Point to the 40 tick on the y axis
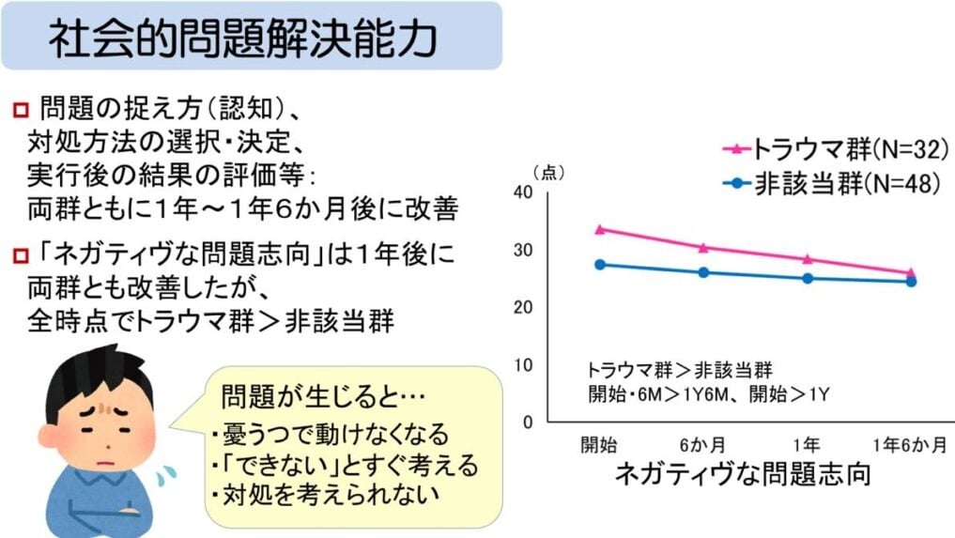click(x=523, y=192)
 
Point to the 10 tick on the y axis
click(x=523, y=365)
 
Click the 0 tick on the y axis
click(x=527, y=422)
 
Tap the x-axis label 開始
click(x=599, y=444)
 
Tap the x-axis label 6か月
click(x=703, y=444)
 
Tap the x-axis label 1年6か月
click(x=909, y=444)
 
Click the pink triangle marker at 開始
click(x=600, y=228)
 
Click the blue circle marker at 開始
click(x=600, y=264)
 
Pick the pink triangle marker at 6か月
click(x=703, y=247)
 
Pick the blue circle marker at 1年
click(x=808, y=278)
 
